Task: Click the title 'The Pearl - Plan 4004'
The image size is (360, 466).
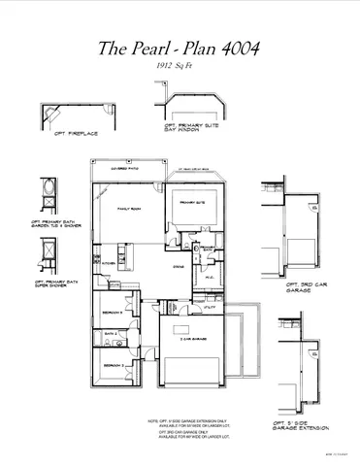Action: click(180, 49)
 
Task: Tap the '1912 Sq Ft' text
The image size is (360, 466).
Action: click(180, 66)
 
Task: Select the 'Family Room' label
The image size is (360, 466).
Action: click(129, 210)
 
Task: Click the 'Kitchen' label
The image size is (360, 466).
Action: click(109, 262)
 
